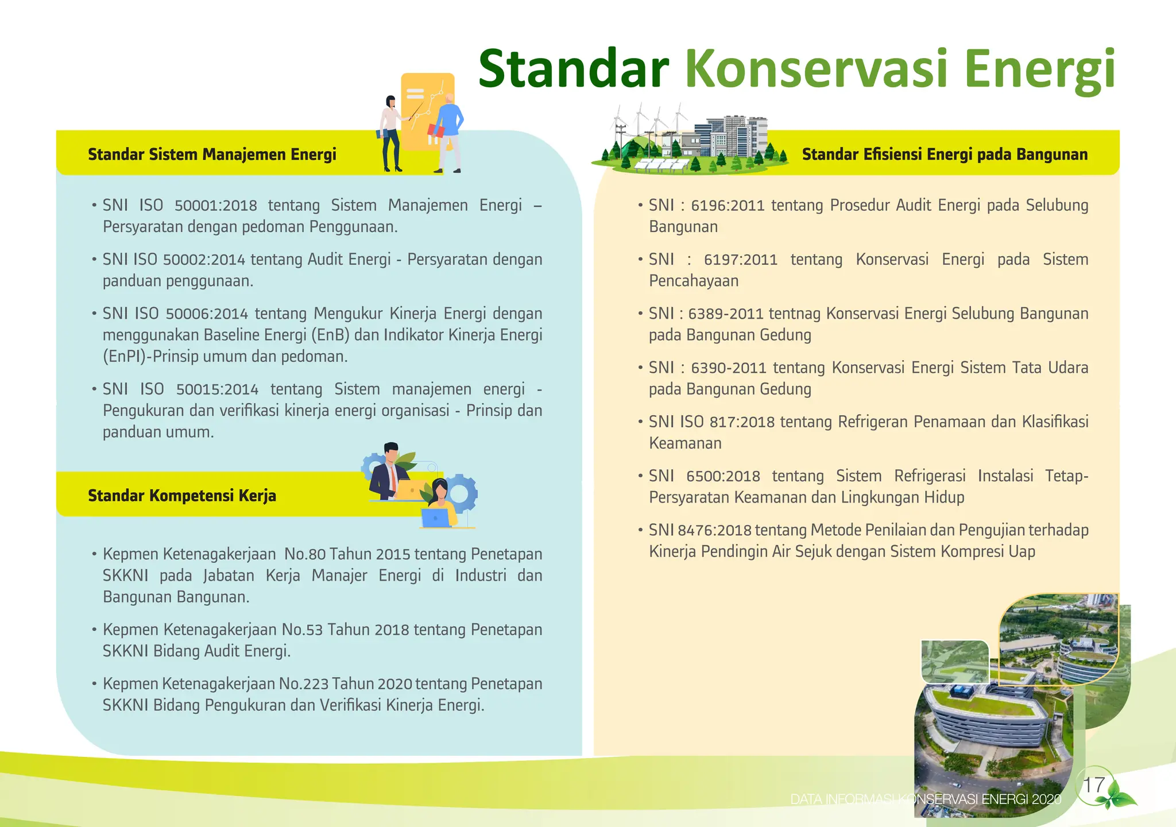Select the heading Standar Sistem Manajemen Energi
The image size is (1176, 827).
click(212, 154)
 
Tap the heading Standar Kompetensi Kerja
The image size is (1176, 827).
click(182, 496)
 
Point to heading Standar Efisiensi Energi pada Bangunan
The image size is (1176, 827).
click(945, 154)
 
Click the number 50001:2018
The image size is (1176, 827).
click(215, 206)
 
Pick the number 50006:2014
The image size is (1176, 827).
click(207, 314)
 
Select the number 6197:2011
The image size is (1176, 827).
click(740, 260)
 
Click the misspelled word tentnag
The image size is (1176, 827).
click(794, 314)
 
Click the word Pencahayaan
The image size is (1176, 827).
click(694, 281)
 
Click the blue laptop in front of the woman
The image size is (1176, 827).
click(435, 517)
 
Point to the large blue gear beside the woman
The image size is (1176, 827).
click(462, 493)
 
